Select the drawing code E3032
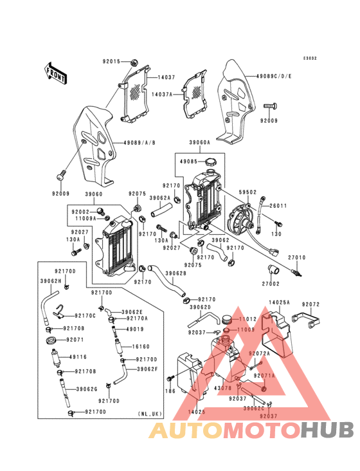tap(310, 58)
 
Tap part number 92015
tap(111, 62)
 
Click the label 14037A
tap(162, 94)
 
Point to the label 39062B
tap(175, 273)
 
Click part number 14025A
tap(280, 302)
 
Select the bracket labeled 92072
tap(311, 304)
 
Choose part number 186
tap(170, 391)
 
